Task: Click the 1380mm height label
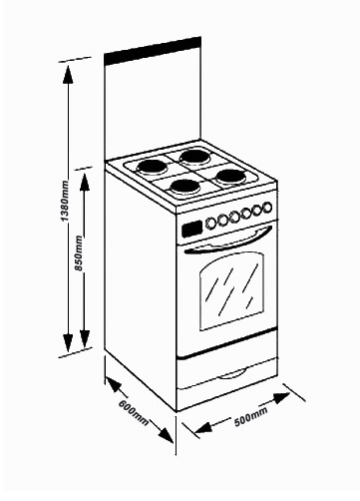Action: coord(65,201)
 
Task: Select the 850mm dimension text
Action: coord(79,252)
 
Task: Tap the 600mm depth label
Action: coord(134,412)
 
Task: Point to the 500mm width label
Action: coord(251,416)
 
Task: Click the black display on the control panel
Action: coord(192,229)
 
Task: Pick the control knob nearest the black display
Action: coord(210,224)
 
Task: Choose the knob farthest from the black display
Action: coord(267,208)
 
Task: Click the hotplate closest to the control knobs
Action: coord(184,188)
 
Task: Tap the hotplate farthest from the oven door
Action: coord(194,157)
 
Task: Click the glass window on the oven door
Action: coord(232,290)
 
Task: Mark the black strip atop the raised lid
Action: coord(153,51)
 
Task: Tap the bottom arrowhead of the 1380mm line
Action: coord(68,342)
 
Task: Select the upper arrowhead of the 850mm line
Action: coord(85,182)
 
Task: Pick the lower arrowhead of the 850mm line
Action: coord(85,338)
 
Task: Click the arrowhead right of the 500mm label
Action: coord(281,397)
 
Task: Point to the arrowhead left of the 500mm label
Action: coord(203,427)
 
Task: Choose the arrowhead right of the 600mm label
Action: coord(166,435)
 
